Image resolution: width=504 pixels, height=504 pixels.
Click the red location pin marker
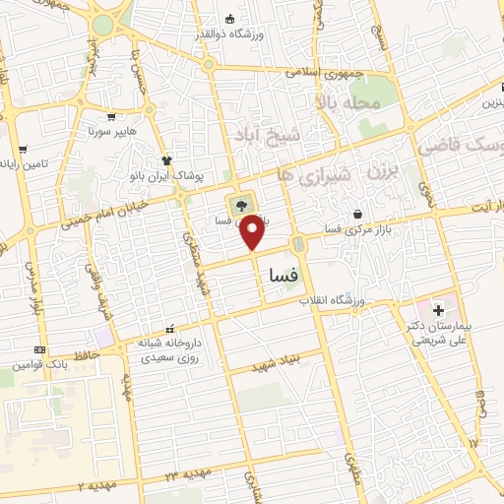pos(253,231)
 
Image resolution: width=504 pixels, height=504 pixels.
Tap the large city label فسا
pos(283,278)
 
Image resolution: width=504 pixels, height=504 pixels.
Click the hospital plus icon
pos(438,310)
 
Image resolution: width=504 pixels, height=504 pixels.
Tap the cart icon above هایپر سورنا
pos(111,115)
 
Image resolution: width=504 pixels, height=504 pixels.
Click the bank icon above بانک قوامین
pos(38,350)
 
